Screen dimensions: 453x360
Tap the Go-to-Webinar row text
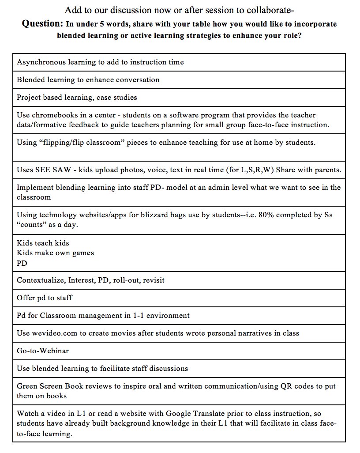(x=43, y=351)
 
